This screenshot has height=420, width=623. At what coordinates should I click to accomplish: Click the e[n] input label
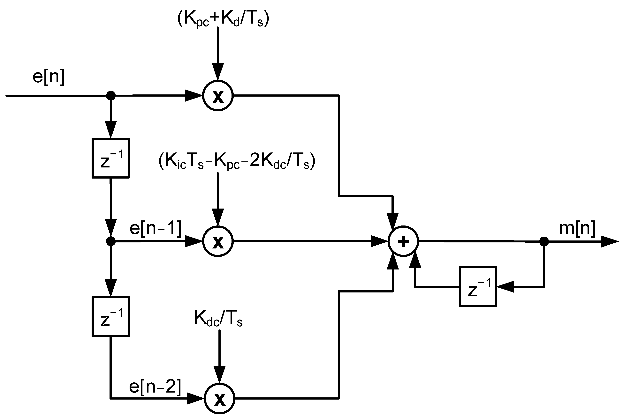49,78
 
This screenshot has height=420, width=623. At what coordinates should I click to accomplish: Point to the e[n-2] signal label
155,387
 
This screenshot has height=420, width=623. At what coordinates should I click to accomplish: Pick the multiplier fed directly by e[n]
218,96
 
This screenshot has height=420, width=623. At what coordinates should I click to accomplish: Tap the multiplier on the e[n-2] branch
219,399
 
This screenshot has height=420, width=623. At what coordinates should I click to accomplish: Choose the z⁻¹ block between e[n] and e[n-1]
110,158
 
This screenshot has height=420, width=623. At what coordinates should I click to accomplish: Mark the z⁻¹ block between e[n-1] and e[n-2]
110,316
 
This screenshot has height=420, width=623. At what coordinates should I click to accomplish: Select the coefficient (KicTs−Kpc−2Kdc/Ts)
237,162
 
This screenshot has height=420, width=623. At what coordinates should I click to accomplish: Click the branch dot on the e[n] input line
111,95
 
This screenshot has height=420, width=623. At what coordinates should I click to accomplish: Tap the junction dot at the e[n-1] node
111,241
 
